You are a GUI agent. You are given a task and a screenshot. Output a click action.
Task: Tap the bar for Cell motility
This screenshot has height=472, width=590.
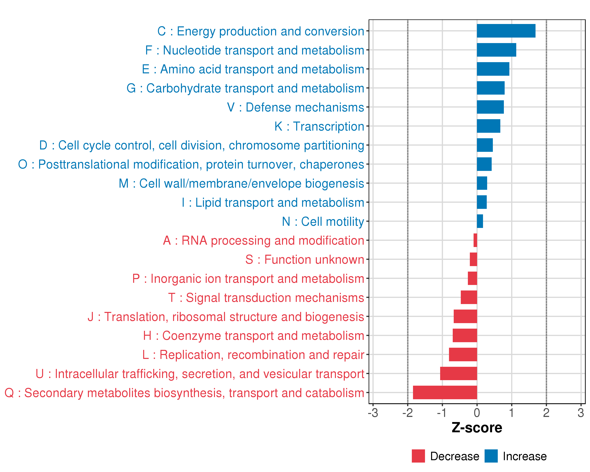click(480, 221)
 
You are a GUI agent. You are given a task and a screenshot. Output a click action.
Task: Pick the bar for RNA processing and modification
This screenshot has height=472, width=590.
click(475, 240)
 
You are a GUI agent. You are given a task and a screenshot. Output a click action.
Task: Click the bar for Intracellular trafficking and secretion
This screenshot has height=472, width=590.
click(458, 373)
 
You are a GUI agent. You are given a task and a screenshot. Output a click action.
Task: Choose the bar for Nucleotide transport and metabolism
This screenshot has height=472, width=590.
click(496, 50)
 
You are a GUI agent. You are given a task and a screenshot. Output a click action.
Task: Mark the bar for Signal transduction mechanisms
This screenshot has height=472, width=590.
click(469, 297)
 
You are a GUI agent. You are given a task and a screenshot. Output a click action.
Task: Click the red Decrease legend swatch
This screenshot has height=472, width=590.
click(418, 456)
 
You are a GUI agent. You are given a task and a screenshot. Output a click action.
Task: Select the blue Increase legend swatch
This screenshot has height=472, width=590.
click(491, 456)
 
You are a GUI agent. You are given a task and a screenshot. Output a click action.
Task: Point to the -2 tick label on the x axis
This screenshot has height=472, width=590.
click(407, 413)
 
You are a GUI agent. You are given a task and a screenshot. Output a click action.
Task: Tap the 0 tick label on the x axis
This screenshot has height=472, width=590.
click(477, 413)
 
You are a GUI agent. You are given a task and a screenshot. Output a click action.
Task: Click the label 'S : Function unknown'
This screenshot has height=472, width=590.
click(305, 259)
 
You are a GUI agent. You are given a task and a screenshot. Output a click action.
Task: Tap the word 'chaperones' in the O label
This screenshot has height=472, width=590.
click(332, 164)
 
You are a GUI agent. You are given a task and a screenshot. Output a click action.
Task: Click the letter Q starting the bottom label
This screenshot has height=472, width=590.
click(9, 393)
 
